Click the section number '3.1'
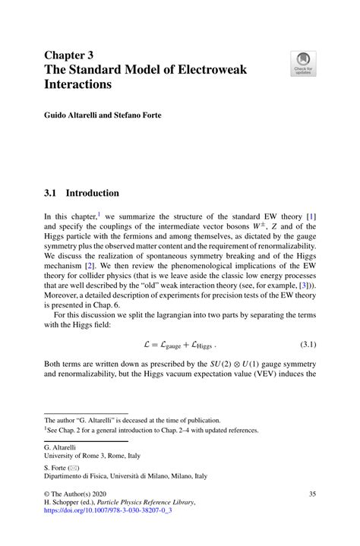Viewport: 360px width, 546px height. click(53, 193)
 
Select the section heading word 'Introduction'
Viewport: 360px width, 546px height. click(95, 193)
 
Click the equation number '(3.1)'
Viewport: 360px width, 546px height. click(303, 344)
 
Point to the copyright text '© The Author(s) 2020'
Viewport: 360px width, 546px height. click(84, 494)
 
